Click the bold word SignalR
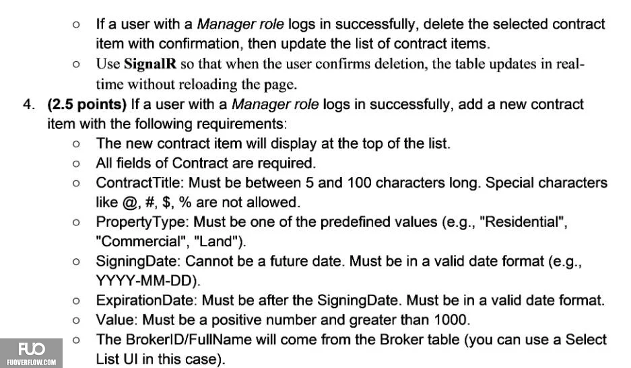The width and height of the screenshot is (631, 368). click(150, 64)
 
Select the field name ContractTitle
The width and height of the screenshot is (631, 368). click(139, 182)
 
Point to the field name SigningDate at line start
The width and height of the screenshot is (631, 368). click(137, 262)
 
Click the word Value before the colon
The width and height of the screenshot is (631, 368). click(117, 320)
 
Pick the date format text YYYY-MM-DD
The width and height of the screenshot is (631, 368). click(145, 281)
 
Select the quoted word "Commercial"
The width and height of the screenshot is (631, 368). click(142, 242)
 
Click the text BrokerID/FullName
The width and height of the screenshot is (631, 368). click(189, 340)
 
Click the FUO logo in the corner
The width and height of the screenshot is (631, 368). click(32, 349)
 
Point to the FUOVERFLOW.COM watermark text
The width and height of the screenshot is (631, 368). click(32, 363)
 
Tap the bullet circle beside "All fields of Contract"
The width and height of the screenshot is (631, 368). click(77, 163)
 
